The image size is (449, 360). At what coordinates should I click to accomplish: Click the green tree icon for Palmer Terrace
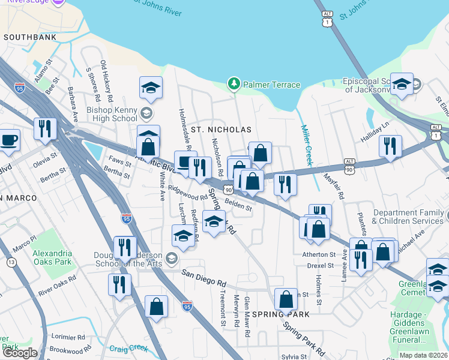coord(234,85)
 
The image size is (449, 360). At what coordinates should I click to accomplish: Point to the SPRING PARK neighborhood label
coord(281,314)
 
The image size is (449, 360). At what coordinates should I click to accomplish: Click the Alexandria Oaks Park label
coord(52,257)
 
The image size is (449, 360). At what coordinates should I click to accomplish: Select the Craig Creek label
coord(129,347)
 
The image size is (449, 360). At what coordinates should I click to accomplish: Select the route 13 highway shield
coord(11,262)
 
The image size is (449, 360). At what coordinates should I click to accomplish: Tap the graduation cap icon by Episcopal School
coord(401,85)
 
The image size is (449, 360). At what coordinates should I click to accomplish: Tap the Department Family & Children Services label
coord(409,217)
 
